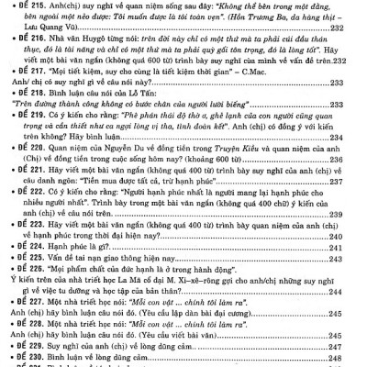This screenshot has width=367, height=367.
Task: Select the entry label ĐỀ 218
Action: pyautogui.click(x=24, y=94)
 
